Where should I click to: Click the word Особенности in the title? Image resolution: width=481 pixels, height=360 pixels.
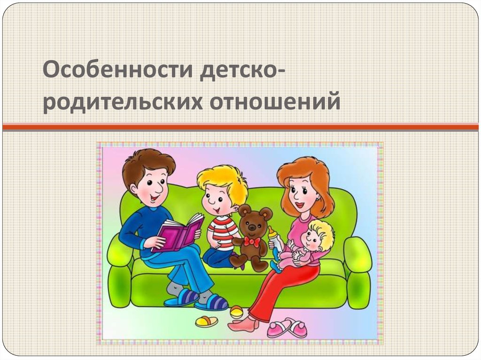pyautogui.click(x=118, y=70)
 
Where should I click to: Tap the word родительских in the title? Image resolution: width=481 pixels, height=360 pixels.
pyautogui.click(x=123, y=102)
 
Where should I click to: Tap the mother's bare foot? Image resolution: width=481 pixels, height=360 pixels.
pyautogui.click(x=242, y=323)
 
